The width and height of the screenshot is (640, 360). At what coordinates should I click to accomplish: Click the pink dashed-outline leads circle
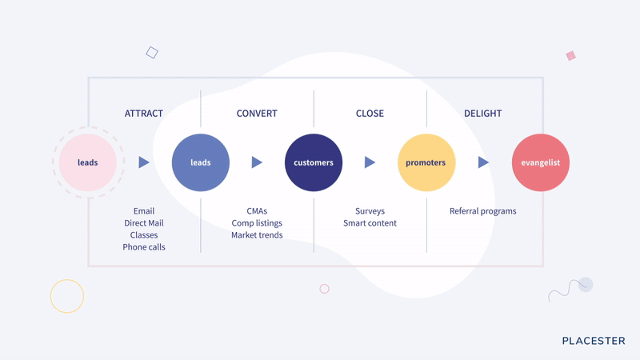pyautogui.click(x=88, y=162)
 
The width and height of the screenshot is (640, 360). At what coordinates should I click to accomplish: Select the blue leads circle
pyautogui.click(x=201, y=162)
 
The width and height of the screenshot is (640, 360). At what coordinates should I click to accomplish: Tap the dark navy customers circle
pyautogui.click(x=314, y=162)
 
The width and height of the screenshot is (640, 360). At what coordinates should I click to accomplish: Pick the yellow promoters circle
pyautogui.click(x=426, y=162)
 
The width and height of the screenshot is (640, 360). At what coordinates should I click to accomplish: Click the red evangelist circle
pyautogui.click(x=541, y=162)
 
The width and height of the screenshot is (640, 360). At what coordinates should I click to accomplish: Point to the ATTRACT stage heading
pyautogui.click(x=144, y=114)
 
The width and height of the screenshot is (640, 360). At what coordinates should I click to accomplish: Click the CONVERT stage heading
pyautogui.click(x=257, y=114)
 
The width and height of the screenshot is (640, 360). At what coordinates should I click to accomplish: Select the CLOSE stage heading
pyautogui.click(x=370, y=114)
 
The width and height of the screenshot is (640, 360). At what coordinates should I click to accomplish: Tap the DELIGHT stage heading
pyautogui.click(x=483, y=114)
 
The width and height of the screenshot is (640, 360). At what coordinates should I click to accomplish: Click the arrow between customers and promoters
pyautogui.click(x=370, y=162)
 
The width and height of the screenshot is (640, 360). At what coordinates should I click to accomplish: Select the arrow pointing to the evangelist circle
pyautogui.click(x=483, y=162)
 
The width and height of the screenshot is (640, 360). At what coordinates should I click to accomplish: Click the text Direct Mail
pyautogui.click(x=144, y=223)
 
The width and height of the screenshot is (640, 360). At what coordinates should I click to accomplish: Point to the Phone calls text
pyautogui.click(x=144, y=247)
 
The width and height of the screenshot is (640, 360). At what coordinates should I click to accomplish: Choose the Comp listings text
pyautogui.click(x=257, y=223)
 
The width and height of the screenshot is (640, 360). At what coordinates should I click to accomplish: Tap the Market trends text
pyautogui.click(x=257, y=235)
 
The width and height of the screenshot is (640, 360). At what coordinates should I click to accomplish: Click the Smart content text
pyautogui.click(x=370, y=223)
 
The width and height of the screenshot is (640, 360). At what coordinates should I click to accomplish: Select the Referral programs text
pyautogui.click(x=483, y=211)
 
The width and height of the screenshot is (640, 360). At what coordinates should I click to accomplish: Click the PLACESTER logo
pyautogui.click(x=594, y=341)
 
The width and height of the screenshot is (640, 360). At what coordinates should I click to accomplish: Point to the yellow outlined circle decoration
pyautogui.click(x=67, y=279)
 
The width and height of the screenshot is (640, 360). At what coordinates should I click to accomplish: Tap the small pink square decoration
pyautogui.click(x=570, y=55)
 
